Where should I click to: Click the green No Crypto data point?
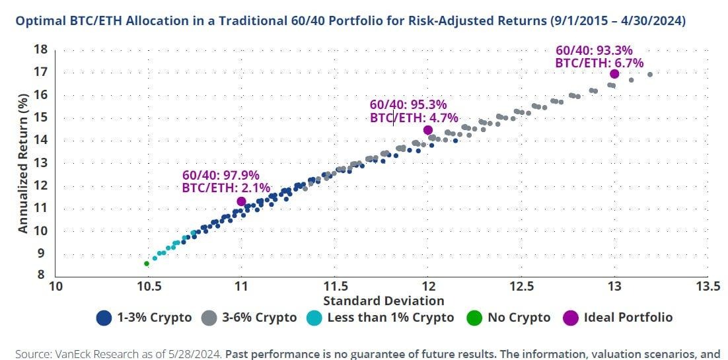(x=147, y=264)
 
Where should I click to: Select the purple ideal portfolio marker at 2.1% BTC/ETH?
(x=241, y=201)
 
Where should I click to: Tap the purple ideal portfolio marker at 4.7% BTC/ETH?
(x=427, y=130)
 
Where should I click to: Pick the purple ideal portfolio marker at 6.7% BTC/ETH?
(x=614, y=74)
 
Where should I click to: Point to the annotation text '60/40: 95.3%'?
(x=408, y=104)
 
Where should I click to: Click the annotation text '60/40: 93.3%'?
(x=595, y=49)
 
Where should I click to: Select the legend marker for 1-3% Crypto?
(x=103, y=318)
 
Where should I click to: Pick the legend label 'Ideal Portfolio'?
(x=628, y=318)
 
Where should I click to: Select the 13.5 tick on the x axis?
(x=708, y=287)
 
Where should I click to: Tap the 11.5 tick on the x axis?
(x=334, y=287)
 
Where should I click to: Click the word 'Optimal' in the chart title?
(x=39, y=21)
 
